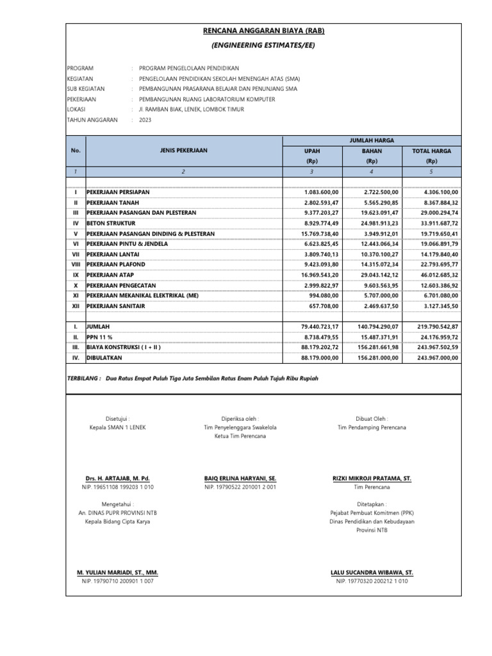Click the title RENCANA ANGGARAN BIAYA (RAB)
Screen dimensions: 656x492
coord(264,31)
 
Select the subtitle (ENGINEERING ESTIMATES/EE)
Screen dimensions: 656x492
coord(263,45)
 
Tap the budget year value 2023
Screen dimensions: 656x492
coord(145,120)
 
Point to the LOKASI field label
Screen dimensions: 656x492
coord(77,110)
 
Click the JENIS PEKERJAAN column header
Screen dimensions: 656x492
coord(184,151)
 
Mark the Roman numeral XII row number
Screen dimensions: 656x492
coord(76,306)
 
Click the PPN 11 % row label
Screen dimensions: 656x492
coord(101,338)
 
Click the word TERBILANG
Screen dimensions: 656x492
coord(83,379)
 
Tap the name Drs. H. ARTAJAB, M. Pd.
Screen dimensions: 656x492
coord(119,479)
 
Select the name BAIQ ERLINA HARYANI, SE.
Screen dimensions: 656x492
coord(240,479)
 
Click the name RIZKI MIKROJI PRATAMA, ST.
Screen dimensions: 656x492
coord(372,479)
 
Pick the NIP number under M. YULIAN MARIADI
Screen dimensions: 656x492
coord(117,581)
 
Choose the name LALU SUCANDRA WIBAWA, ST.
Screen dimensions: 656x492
coord(372,572)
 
